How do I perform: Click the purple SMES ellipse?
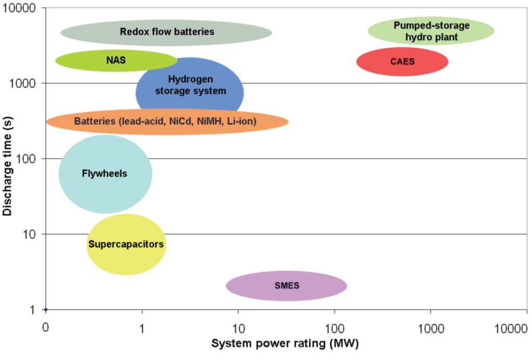coord(286,286)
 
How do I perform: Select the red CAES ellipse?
coord(402,61)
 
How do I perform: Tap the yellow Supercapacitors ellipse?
coord(126,244)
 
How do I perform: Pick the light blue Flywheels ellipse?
coord(105,174)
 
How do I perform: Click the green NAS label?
coord(115,60)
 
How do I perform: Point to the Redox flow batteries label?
coord(166,32)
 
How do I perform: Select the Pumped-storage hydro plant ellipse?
coord(431,31)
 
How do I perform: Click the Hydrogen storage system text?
coord(190,85)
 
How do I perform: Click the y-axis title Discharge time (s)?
coord(7,166)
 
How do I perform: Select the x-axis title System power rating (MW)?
coord(284,344)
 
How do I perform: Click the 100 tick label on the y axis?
coord(28,159)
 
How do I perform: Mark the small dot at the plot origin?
coord(46,310)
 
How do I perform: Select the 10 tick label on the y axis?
coord(30,234)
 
